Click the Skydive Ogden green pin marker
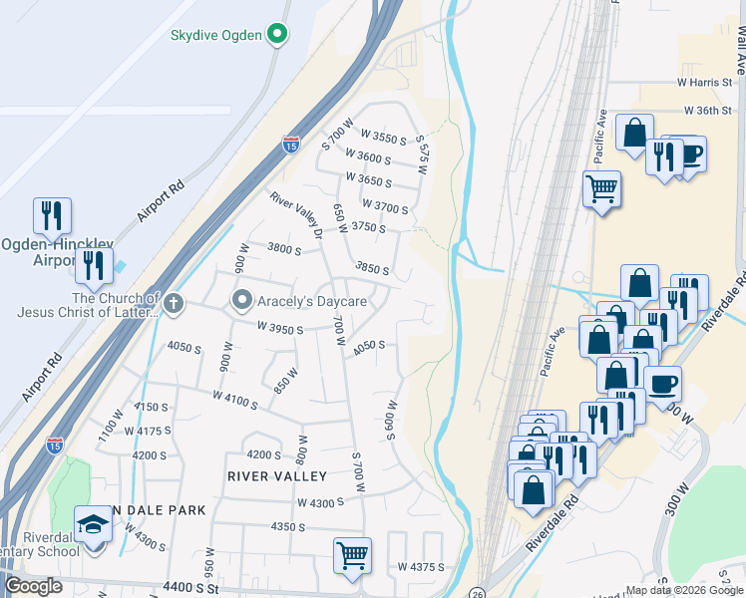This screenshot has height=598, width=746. (x=279, y=35)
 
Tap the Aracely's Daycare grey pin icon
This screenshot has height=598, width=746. (x=242, y=300)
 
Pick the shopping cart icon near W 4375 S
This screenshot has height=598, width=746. (x=353, y=554)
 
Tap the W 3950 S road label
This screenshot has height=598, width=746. (x=279, y=327)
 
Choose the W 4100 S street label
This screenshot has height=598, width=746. (x=235, y=400)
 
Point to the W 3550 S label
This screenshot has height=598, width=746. (x=383, y=138)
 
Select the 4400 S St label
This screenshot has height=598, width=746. (x=193, y=589)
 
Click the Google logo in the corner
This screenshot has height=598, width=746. (x=34, y=586)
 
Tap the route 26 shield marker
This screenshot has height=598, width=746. (x=478, y=592)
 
